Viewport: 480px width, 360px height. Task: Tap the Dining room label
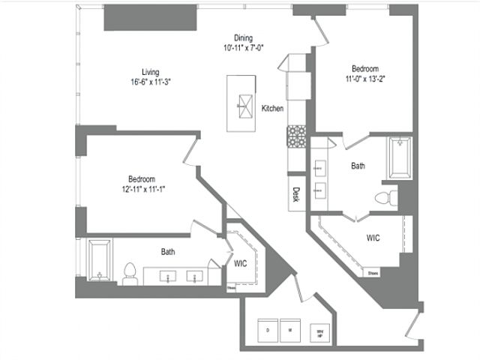[242, 38]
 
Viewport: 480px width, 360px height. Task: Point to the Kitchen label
[271, 109]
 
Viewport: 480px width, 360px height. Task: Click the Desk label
[295, 193]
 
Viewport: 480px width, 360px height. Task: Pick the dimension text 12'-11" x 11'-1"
[141, 189]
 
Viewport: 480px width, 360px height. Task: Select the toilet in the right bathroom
[383, 197]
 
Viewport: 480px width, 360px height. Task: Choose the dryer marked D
[267, 329]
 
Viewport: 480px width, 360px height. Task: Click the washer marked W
[289, 329]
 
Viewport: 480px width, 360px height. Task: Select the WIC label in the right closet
[373, 238]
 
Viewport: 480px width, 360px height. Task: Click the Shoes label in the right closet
[373, 273]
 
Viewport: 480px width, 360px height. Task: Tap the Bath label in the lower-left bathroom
[168, 252]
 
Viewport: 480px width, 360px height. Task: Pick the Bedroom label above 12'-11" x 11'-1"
[141, 179]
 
